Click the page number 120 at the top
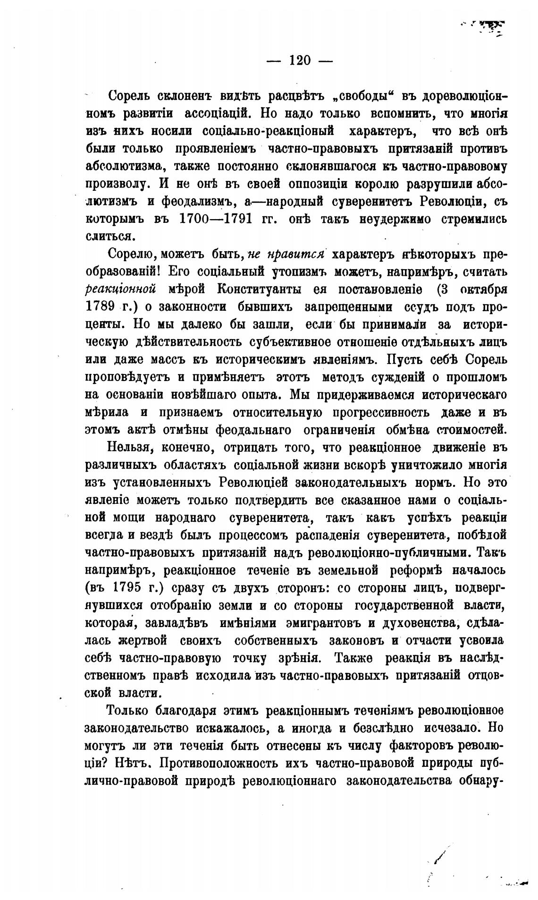point(300,60)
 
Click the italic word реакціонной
point(121,289)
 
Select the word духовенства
point(419,623)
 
